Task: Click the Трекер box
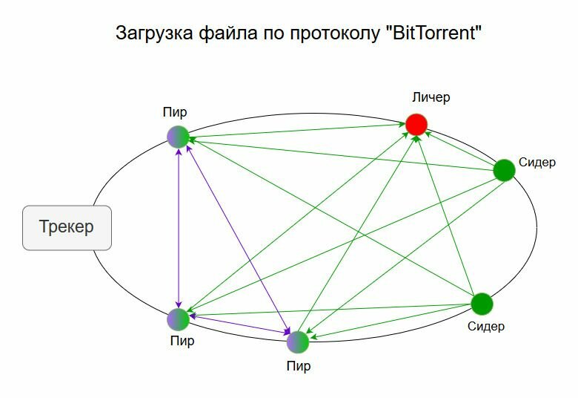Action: click(x=67, y=227)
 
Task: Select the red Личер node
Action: click(x=416, y=124)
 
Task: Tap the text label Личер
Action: click(x=431, y=97)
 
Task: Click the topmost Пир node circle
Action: click(x=178, y=137)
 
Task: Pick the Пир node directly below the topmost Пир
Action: click(x=178, y=319)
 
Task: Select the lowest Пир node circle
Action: click(x=298, y=342)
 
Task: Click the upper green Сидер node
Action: click(x=504, y=171)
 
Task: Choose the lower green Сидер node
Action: click(x=482, y=304)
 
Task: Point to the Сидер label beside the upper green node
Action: click(x=537, y=163)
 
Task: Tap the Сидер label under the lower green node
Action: click(x=486, y=326)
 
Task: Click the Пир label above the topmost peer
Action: click(x=175, y=113)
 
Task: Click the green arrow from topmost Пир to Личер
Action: click(x=296, y=130)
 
